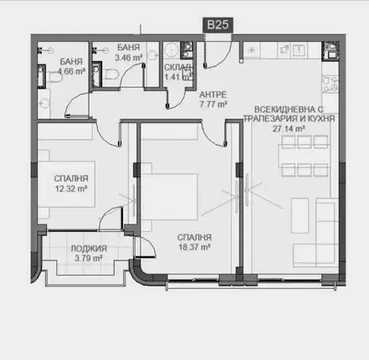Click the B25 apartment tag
(218, 25)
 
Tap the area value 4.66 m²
(71, 71)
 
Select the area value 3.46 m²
(129, 58)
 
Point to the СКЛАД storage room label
(177, 67)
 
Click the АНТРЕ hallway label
(213, 95)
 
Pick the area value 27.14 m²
(289, 129)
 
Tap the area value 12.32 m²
(71, 188)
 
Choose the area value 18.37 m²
(194, 247)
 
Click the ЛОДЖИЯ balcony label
(89, 249)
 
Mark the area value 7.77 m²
(213, 105)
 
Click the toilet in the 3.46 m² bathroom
(112, 75)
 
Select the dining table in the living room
(305, 156)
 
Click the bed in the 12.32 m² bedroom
(66, 184)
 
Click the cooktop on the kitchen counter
(331, 85)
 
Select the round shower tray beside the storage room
(171, 50)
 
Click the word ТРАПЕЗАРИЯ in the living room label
(269, 119)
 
